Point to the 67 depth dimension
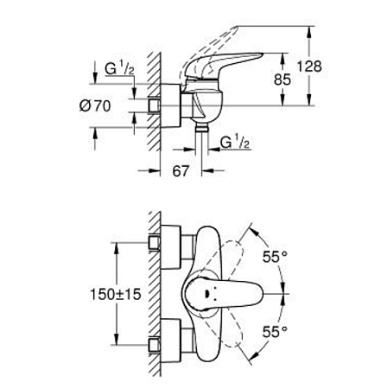(x=180, y=172)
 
